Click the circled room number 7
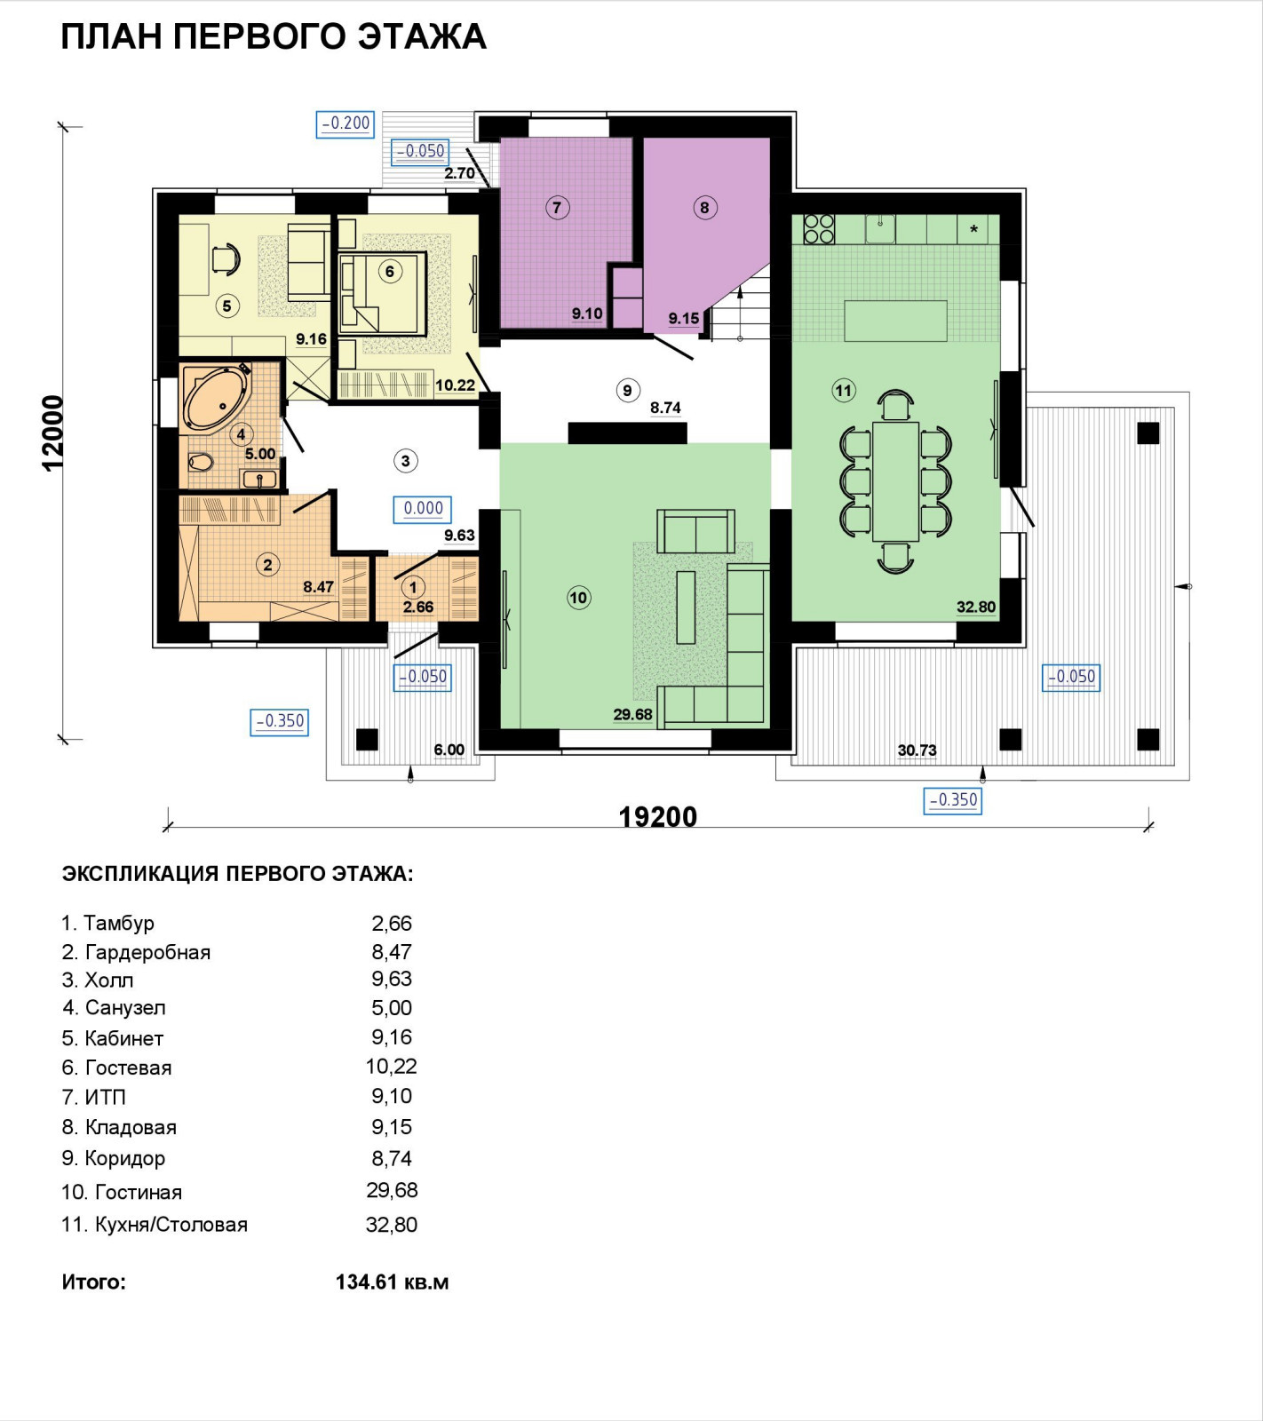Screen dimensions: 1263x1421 click(x=557, y=208)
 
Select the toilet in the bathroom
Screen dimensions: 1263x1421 click(x=201, y=463)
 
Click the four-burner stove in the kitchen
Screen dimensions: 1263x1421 click(x=819, y=228)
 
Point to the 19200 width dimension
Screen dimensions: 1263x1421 click(x=657, y=816)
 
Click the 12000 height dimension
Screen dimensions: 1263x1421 click(x=53, y=433)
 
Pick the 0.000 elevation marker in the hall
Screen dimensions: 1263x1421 click(x=423, y=509)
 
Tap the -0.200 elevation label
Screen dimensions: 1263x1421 click(x=346, y=123)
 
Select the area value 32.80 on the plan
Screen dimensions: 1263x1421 click(x=976, y=607)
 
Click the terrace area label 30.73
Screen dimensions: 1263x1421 click(x=917, y=750)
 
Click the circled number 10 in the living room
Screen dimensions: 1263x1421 click(x=578, y=598)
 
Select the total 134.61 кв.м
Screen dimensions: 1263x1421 click(x=392, y=1282)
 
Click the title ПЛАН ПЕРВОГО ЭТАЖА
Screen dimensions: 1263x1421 click(x=274, y=36)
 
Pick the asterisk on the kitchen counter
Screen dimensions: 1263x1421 click(x=973, y=229)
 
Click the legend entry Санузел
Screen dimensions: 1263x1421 click(x=125, y=1008)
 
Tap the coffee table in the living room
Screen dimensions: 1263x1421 click(x=686, y=607)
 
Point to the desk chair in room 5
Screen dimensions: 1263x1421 click(x=226, y=258)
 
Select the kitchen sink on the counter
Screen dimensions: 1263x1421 click(x=880, y=228)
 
